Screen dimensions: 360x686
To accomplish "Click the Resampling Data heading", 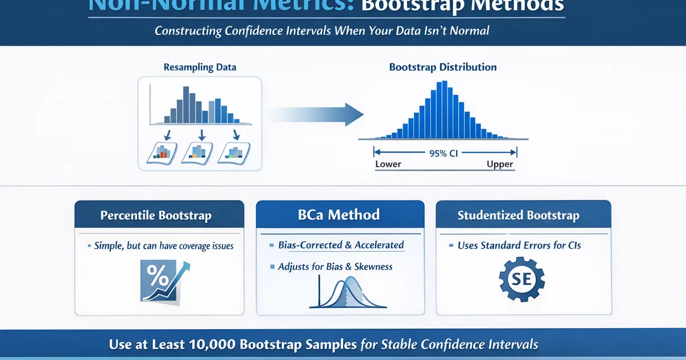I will [x=200, y=67].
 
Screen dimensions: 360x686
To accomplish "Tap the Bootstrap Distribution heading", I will [x=442, y=67].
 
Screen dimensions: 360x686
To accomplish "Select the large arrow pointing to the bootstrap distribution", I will [x=317, y=114].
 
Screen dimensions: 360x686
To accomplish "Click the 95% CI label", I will [x=444, y=153].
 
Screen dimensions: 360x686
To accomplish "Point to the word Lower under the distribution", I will [x=388, y=165].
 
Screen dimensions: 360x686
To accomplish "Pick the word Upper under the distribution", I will [x=500, y=165].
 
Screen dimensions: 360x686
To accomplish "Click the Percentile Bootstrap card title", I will [x=156, y=216].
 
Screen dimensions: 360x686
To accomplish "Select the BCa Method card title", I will [x=340, y=215].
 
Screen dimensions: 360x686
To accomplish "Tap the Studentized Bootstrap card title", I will [x=518, y=215].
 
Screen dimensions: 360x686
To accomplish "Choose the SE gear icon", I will [x=521, y=280].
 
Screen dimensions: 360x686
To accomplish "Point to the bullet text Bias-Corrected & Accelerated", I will [x=341, y=245].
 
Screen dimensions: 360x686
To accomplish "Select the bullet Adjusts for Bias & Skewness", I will [x=335, y=267].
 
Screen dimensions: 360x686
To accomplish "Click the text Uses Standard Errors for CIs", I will [x=519, y=246].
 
